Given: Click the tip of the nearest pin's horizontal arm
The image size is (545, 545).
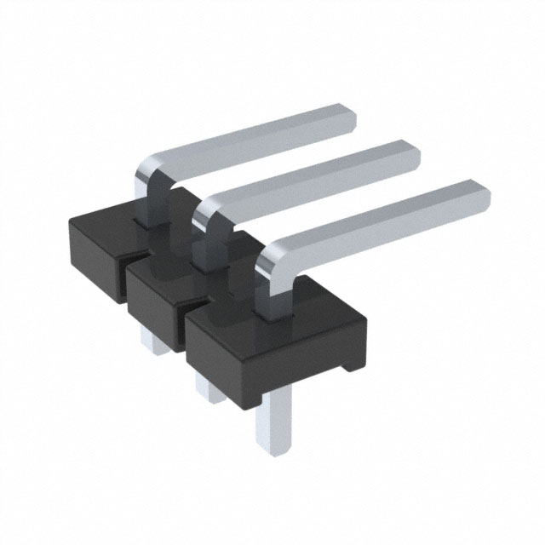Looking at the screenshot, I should coord(479,195).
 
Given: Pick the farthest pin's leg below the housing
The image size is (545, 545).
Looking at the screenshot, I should coord(153,341).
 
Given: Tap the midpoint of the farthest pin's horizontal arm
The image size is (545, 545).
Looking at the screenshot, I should coord(247,141).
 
